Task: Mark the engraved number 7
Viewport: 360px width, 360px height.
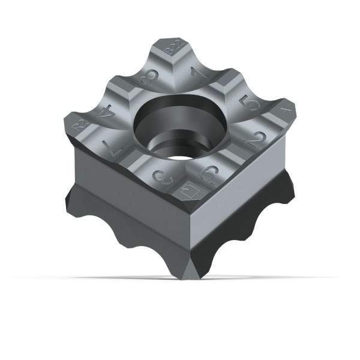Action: pyautogui.click(x=109, y=147)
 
